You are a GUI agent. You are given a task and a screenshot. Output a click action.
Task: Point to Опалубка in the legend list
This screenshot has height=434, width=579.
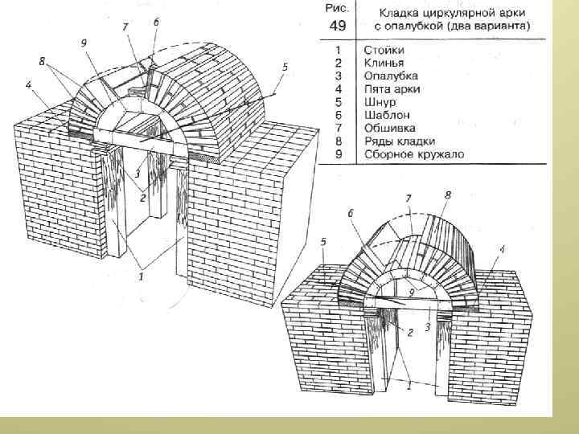pos(388,75)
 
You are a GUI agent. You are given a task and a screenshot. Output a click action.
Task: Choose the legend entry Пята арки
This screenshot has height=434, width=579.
pos(392,88)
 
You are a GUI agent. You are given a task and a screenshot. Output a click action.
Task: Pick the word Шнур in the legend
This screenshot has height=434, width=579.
pos(378,101)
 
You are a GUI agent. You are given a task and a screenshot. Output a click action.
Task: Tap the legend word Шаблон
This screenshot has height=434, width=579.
pos(384,114)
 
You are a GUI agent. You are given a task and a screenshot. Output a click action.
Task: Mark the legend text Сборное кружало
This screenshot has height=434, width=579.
pos(412,154)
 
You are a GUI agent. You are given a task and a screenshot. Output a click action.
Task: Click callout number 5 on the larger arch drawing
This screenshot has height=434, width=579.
pos(284,67)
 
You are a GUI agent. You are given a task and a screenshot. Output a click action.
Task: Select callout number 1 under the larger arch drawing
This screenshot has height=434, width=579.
pos(141,276)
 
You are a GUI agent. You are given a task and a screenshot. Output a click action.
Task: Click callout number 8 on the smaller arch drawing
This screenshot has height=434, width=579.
pos(447,195)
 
